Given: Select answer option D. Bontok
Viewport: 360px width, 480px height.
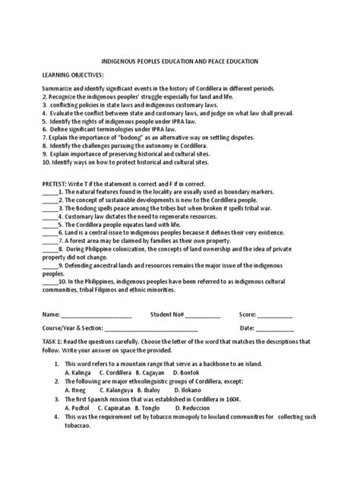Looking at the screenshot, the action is [185, 373].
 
